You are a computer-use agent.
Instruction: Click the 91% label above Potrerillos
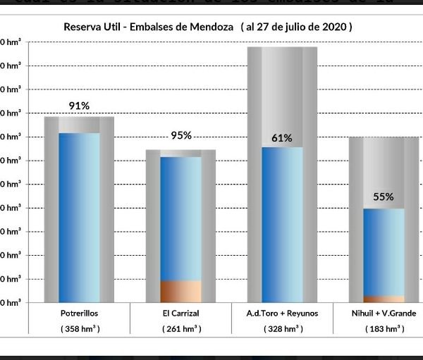[x=79, y=106]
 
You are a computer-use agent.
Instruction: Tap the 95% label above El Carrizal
[x=180, y=135]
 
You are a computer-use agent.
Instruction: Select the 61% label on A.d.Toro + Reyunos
[x=282, y=138]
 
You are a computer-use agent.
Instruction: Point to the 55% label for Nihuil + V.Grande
[x=384, y=197]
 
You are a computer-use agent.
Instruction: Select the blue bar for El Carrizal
[x=180, y=218]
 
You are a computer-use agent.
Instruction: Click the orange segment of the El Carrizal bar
[x=180, y=291]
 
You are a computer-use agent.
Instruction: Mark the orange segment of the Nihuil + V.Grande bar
[x=384, y=299]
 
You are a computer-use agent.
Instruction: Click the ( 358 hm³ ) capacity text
[x=79, y=329]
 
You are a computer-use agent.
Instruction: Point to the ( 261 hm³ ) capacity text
[x=181, y=329]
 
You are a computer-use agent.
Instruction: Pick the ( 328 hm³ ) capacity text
[x=282, y=329]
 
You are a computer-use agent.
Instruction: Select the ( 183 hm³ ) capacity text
[x=384, y=329]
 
